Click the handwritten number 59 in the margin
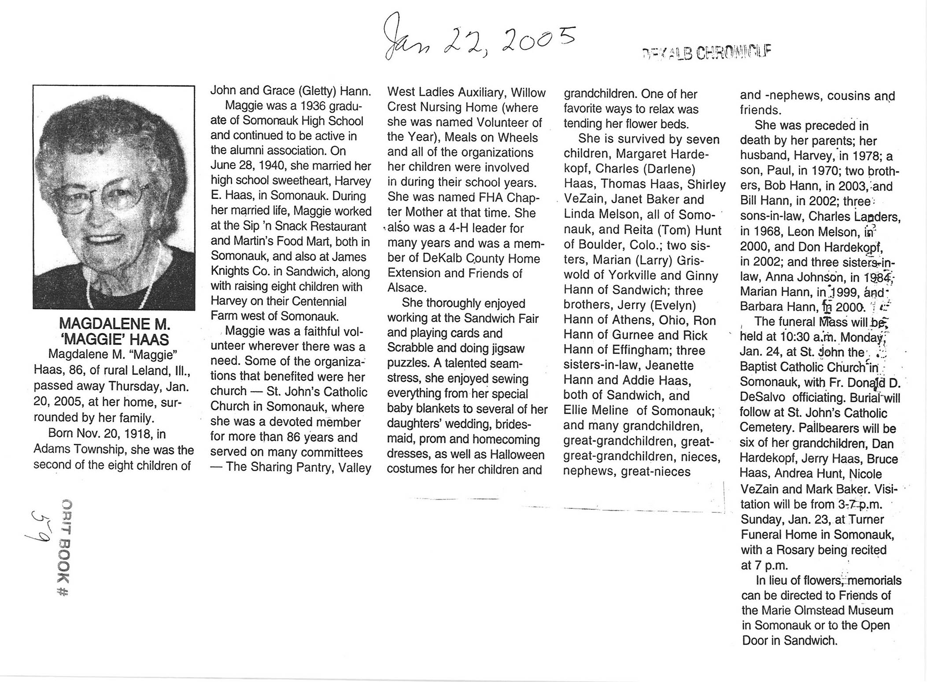(x=41, y=526)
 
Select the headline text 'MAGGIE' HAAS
(x=114, y=339)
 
